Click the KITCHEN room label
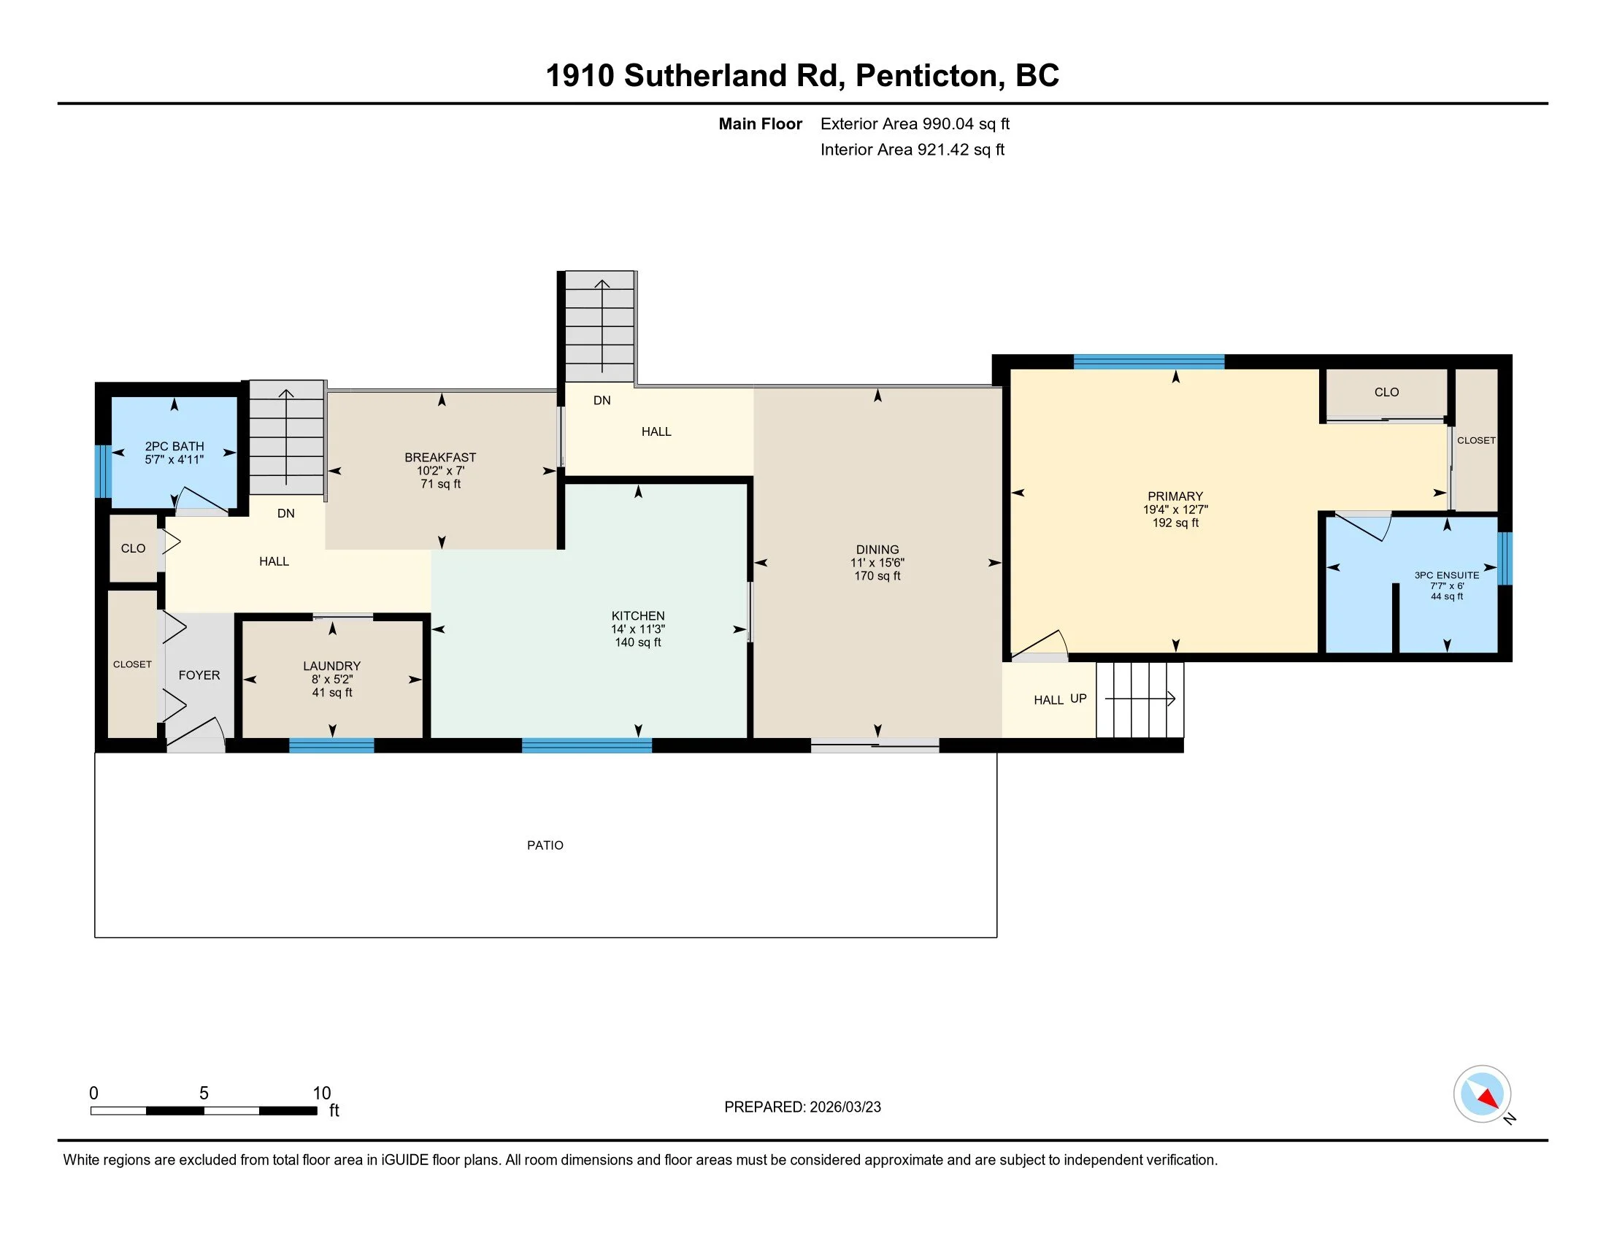[x=637, y=616]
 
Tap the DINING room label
[x=877, y=550]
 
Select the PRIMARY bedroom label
[x=1175, y=496]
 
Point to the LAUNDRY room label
[x=331, y=666]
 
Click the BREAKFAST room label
[x=440, y=457]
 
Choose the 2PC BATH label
[x=174, y=446]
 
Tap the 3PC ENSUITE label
[x=1446, y=576]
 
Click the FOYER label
[x=199, y=675]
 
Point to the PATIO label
[x=545, y=845]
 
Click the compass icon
[x=1482, y=1094]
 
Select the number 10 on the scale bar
[x=322, y=1094]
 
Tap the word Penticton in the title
[x=930, y=76]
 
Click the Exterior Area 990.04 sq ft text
[x=915, y=123]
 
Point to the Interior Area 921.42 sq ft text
[x=912, y=150]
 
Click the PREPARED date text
[x=802, y=1107]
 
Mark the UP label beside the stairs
[x=1078, y=699]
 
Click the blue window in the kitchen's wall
[x=587, y=745]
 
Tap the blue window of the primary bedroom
[x=1148, y=361]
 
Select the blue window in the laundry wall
[x=331, y=745]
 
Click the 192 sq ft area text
[x=1175, y=523]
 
